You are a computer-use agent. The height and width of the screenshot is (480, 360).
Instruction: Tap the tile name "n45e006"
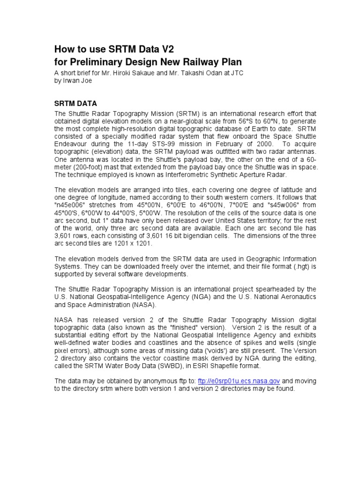pos(69,205)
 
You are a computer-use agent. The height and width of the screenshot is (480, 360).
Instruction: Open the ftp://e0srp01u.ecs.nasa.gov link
pos(239,381)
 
